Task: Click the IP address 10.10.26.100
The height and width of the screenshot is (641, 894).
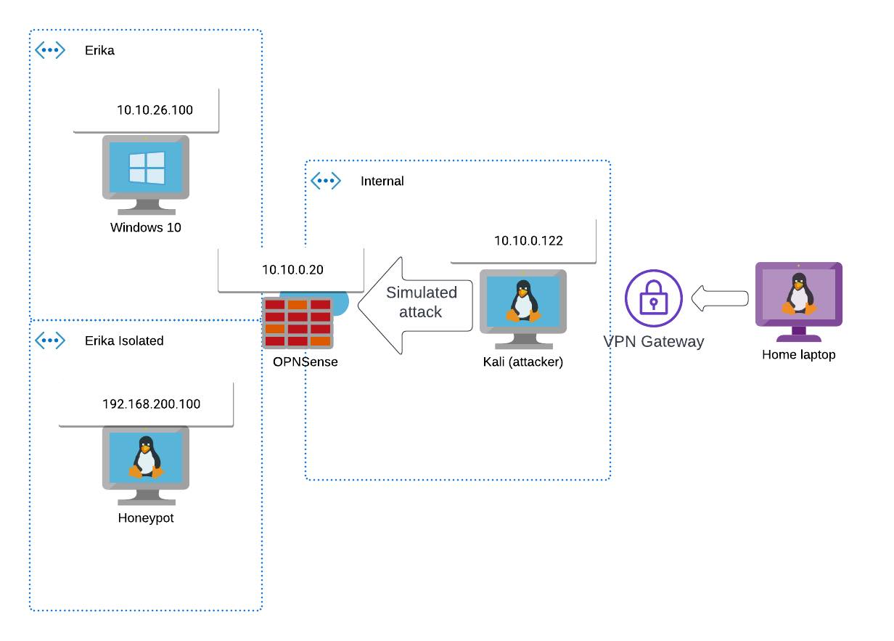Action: point(155,110)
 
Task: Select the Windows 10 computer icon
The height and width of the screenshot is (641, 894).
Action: point(146,175)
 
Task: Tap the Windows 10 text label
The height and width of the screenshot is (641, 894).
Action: point(146,227)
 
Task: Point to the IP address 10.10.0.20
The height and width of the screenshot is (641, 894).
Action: point(292,270)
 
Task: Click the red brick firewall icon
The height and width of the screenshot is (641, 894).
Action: point(298,322)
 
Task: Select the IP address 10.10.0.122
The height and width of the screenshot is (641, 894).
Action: point(528,241)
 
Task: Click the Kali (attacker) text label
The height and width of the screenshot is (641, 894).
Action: point(522,362)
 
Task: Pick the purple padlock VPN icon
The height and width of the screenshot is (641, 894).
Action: point(654,298)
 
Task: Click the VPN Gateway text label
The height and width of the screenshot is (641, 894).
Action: point(654,341)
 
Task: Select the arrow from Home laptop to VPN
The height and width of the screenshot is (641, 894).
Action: point(720,298)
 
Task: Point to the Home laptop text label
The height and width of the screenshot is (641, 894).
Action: point(798,355)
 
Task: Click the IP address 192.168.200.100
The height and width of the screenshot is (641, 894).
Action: point(151,404)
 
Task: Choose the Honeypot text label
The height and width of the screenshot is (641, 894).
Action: point(146,518)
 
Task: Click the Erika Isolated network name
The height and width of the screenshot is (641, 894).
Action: point(124,340)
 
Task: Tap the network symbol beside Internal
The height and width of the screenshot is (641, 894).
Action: point(326,181)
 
